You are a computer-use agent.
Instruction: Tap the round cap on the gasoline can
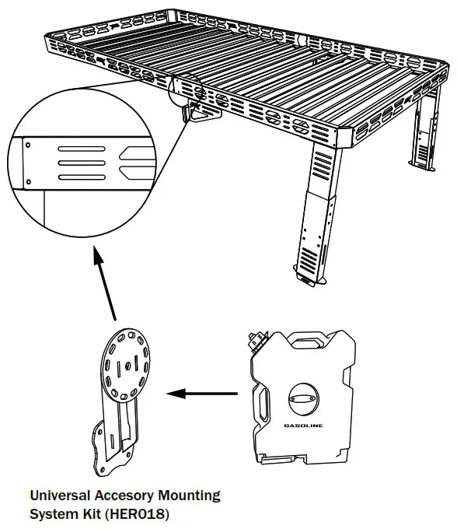(x=303, y=398)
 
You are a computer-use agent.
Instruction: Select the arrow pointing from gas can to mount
(x=202, y=394)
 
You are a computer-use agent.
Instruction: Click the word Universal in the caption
(x=57, y=495)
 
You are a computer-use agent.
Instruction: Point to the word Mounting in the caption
(x=187, y=495)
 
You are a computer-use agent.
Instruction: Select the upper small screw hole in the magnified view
(x=29, y=144)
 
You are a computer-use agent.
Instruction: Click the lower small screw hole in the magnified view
(x=29, y=181)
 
